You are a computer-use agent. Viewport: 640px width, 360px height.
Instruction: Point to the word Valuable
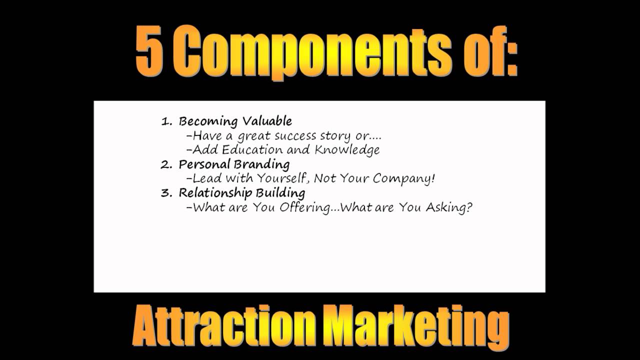[x=267, y=121]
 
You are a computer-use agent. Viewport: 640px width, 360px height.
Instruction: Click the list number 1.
[x=165, y=121]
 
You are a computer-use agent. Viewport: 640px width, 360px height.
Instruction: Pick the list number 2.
[x=165, y=164]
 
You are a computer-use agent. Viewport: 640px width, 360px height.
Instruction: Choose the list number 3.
[x=165, y=193]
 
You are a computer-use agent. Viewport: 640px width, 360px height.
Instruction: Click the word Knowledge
[x=347, y=150]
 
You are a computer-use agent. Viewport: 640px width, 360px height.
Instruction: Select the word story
[x=335, y=136]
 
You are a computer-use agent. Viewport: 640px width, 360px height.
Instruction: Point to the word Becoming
[x=208, y=121]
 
